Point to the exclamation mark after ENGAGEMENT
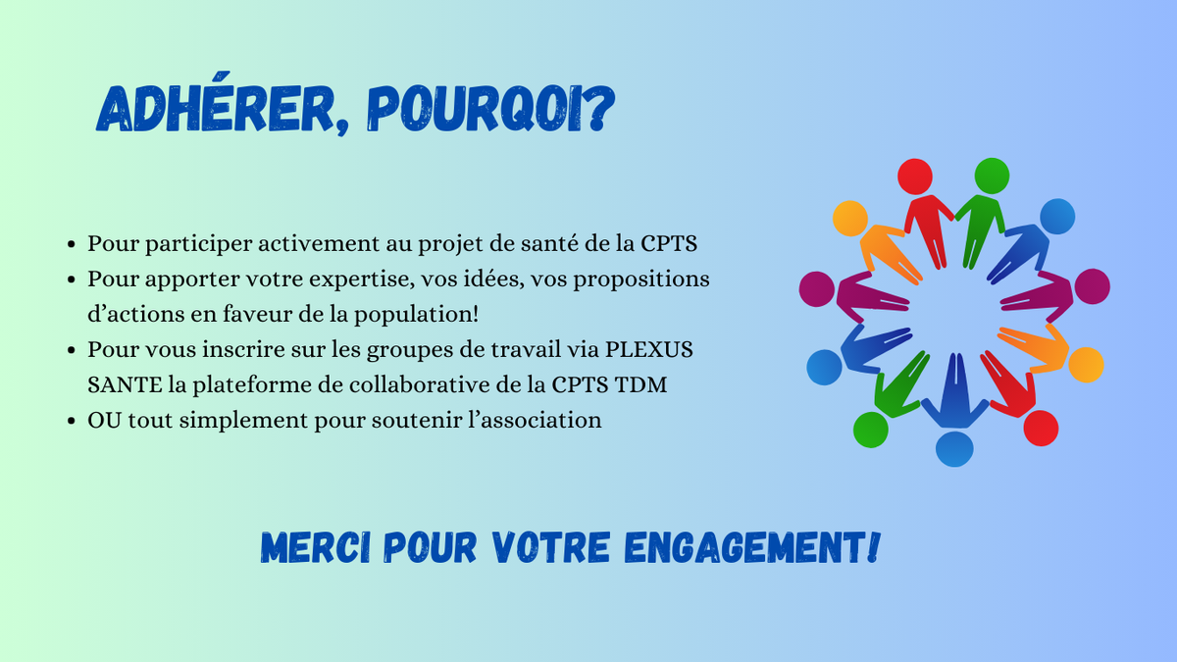click(x=873, y=547)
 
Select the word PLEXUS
click(x=649, y=349)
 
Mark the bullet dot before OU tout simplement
click(x=72, y=421)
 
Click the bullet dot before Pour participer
click(x=72, y=244)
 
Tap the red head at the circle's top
click(x=915, y=177)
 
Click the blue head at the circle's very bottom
click(x=954, y=449)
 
